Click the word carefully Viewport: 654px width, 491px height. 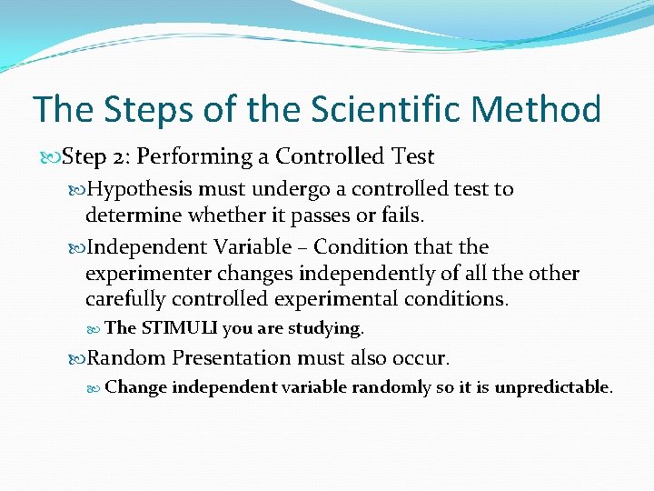coord(124,300)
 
